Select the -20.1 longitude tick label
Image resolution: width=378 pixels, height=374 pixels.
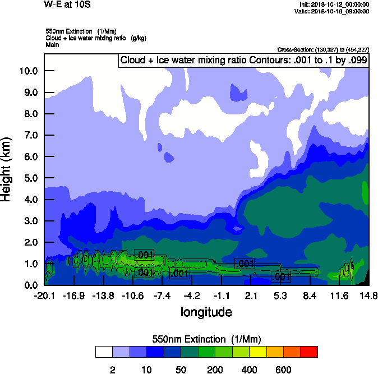pyautogui.click(x=44, y=295)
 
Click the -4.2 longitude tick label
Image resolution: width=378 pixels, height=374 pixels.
pyautogui.click(x=193, y=295)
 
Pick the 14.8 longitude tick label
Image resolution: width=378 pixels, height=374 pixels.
pyautogui.click(x=368, y=295)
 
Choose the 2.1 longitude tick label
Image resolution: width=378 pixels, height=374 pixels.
pyautogui.click(x=252, y=295)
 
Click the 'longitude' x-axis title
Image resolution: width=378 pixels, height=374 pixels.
pyautogui.click(x=206, y=312)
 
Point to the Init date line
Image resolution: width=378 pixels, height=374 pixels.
pyautogui.click(x=334, y=4)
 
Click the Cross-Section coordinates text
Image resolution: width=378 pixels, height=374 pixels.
pyautogui.click(x=323, y=49)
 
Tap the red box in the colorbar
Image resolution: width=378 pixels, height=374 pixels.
pyautogui.click(x=308, y=352)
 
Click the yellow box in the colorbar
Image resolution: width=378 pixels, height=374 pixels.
pyautogui.click(x=257, y=352)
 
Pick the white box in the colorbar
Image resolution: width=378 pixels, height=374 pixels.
pyautogui.click(x=104, y=352)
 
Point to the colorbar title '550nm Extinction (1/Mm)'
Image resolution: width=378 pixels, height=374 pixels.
pyautogui.click(x=206, y=339)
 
